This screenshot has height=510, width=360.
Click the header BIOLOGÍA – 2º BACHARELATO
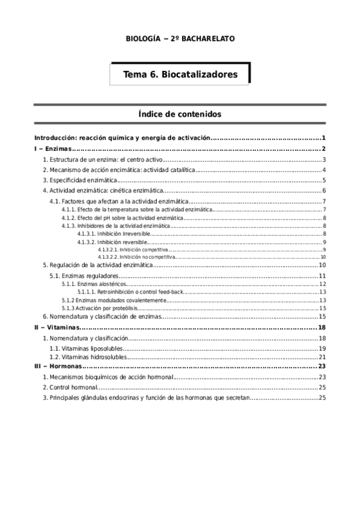coord(180,38)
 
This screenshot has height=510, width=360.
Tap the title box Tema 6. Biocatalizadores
coord(180,75)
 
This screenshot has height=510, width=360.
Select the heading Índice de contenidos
coord(180,113)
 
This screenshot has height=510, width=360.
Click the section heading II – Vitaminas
coord(56,327)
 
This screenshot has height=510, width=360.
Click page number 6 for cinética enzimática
coord(324,191)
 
